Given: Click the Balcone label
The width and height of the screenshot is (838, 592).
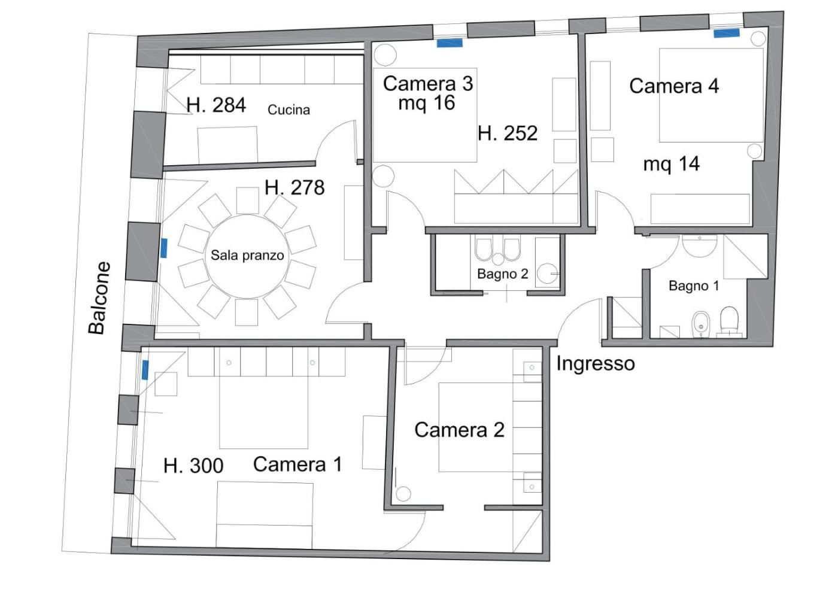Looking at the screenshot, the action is (x=99, y=298).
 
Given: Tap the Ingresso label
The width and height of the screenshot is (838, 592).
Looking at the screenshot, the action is (x=596, y=364).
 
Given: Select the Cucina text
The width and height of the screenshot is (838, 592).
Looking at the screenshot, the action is (x=289, y=110).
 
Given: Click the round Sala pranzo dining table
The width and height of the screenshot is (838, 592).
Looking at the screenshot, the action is (x=248, y=256).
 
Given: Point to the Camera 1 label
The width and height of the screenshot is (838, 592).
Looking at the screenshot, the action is (x=298, y=465).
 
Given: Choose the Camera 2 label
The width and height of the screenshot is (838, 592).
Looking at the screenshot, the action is (x=460, y=430).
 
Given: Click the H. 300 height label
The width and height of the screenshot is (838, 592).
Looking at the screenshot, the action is (x=193, y=466).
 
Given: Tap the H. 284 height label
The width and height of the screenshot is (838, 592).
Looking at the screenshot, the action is (x=216, y=105).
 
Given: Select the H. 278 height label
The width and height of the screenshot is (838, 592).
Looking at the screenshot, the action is (x=294, y=187).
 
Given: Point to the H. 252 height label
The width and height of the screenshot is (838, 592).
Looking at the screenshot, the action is (x=508, y=133).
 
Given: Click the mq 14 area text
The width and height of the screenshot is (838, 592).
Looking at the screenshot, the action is (x=672, y=164).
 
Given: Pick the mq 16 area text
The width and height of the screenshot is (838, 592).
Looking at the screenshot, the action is (x=427, y=103).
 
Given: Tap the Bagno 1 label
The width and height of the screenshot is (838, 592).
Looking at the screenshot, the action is (x=694, y=286).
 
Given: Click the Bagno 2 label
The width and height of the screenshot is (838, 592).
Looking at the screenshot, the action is (x=502, y=274).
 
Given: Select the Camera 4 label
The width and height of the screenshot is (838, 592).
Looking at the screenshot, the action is (x=674, y=86).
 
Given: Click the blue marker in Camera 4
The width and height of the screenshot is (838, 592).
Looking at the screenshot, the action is (x=727, y=34).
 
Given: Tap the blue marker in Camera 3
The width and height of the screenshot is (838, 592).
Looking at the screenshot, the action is (x=450, y=44).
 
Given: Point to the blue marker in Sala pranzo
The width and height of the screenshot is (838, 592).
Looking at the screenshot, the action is (x=163, y=248).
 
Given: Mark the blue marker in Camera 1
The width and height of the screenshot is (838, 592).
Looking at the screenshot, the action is (x=145, y=370).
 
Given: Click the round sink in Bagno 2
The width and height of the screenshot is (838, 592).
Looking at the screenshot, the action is (x=547, y=273).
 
